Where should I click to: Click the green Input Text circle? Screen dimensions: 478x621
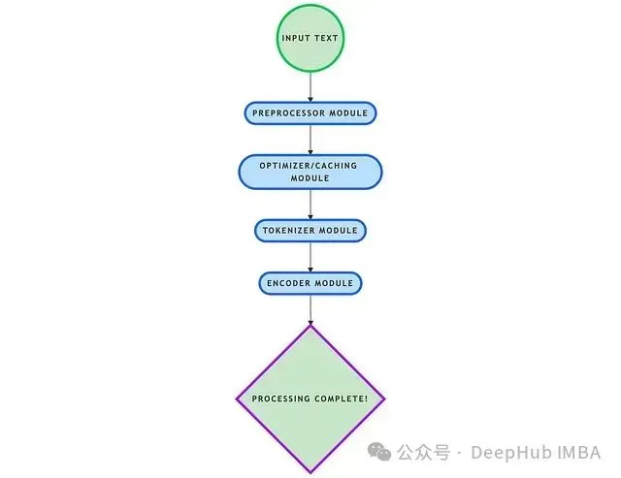pos(310,39)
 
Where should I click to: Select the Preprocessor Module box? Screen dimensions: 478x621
pos(310,113)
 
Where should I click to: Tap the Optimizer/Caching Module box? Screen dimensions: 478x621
pos(310,172)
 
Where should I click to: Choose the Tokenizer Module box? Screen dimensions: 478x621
pos(310,231)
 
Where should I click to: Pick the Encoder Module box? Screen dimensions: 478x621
pos(310,283)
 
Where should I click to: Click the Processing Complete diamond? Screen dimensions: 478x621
pos(310,398)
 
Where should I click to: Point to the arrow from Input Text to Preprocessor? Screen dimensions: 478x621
pos(310,87)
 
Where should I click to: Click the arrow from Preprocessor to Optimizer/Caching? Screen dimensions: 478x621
pos(310,139)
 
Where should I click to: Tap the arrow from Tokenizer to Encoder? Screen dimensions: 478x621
pos(310,257)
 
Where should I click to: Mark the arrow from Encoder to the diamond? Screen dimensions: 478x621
pos(310,310)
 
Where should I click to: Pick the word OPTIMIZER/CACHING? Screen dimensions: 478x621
pos(310,166)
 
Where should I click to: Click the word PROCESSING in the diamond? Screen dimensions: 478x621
pos(282,398)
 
